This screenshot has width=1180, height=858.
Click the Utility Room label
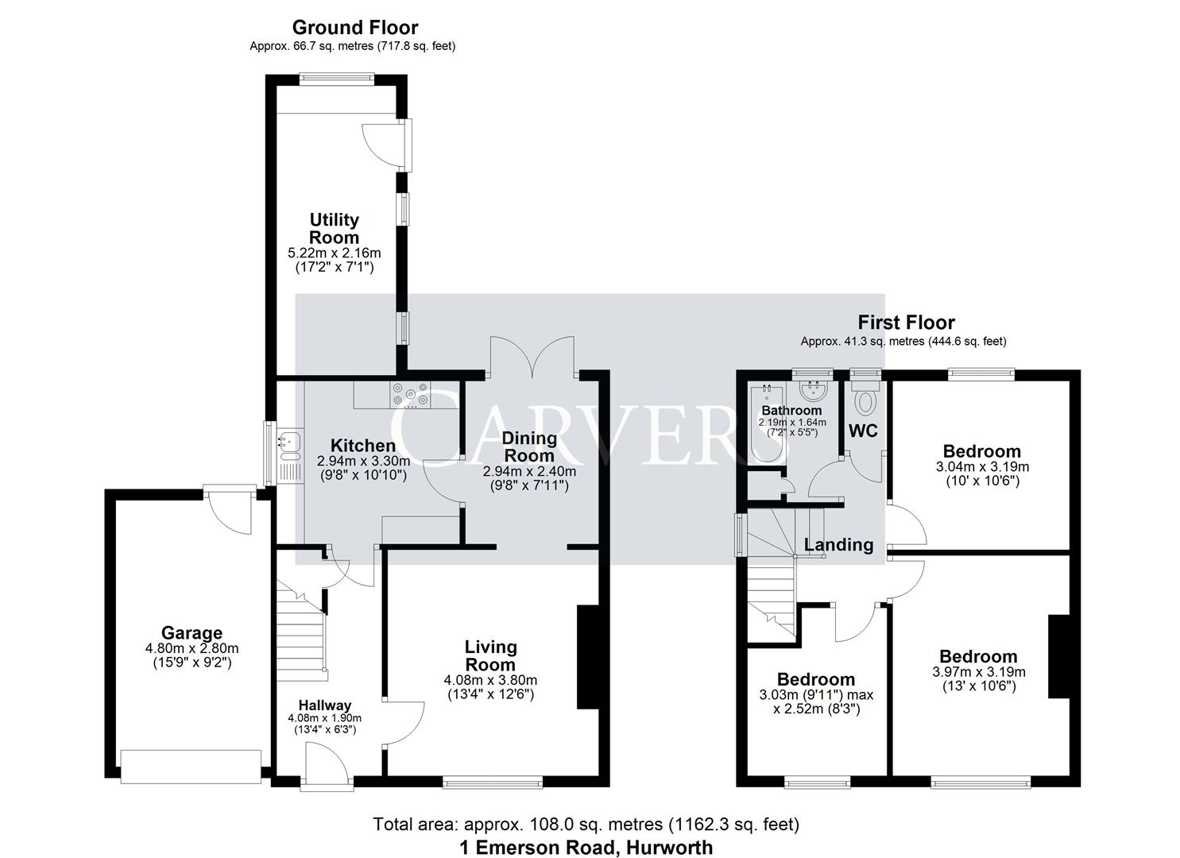[334, 228]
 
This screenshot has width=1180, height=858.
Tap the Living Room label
[490, 656]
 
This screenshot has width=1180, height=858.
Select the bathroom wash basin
[814, 391]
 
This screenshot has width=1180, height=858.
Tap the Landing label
[838, 545]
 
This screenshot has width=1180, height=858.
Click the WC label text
[864, 431]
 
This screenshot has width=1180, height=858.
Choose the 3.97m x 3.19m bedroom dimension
[978, 672]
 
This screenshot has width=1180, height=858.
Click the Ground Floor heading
[354, 28]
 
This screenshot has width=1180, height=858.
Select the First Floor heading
[905, 323]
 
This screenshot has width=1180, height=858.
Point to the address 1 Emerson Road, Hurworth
[586, 848]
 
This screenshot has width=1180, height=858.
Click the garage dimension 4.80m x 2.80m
[192, 648]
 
